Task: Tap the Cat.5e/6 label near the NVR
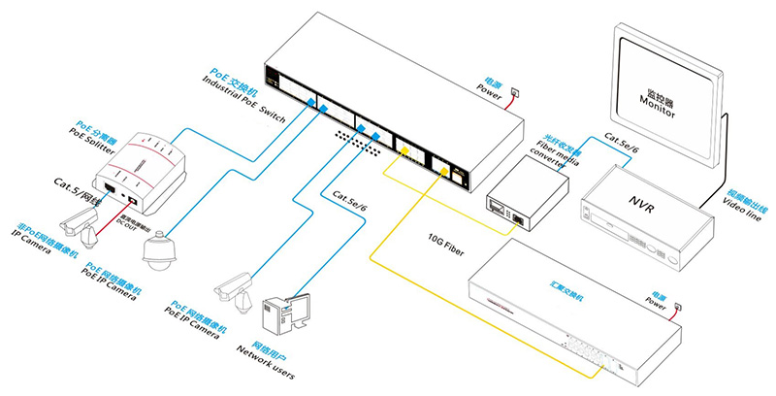pos(623,144)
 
